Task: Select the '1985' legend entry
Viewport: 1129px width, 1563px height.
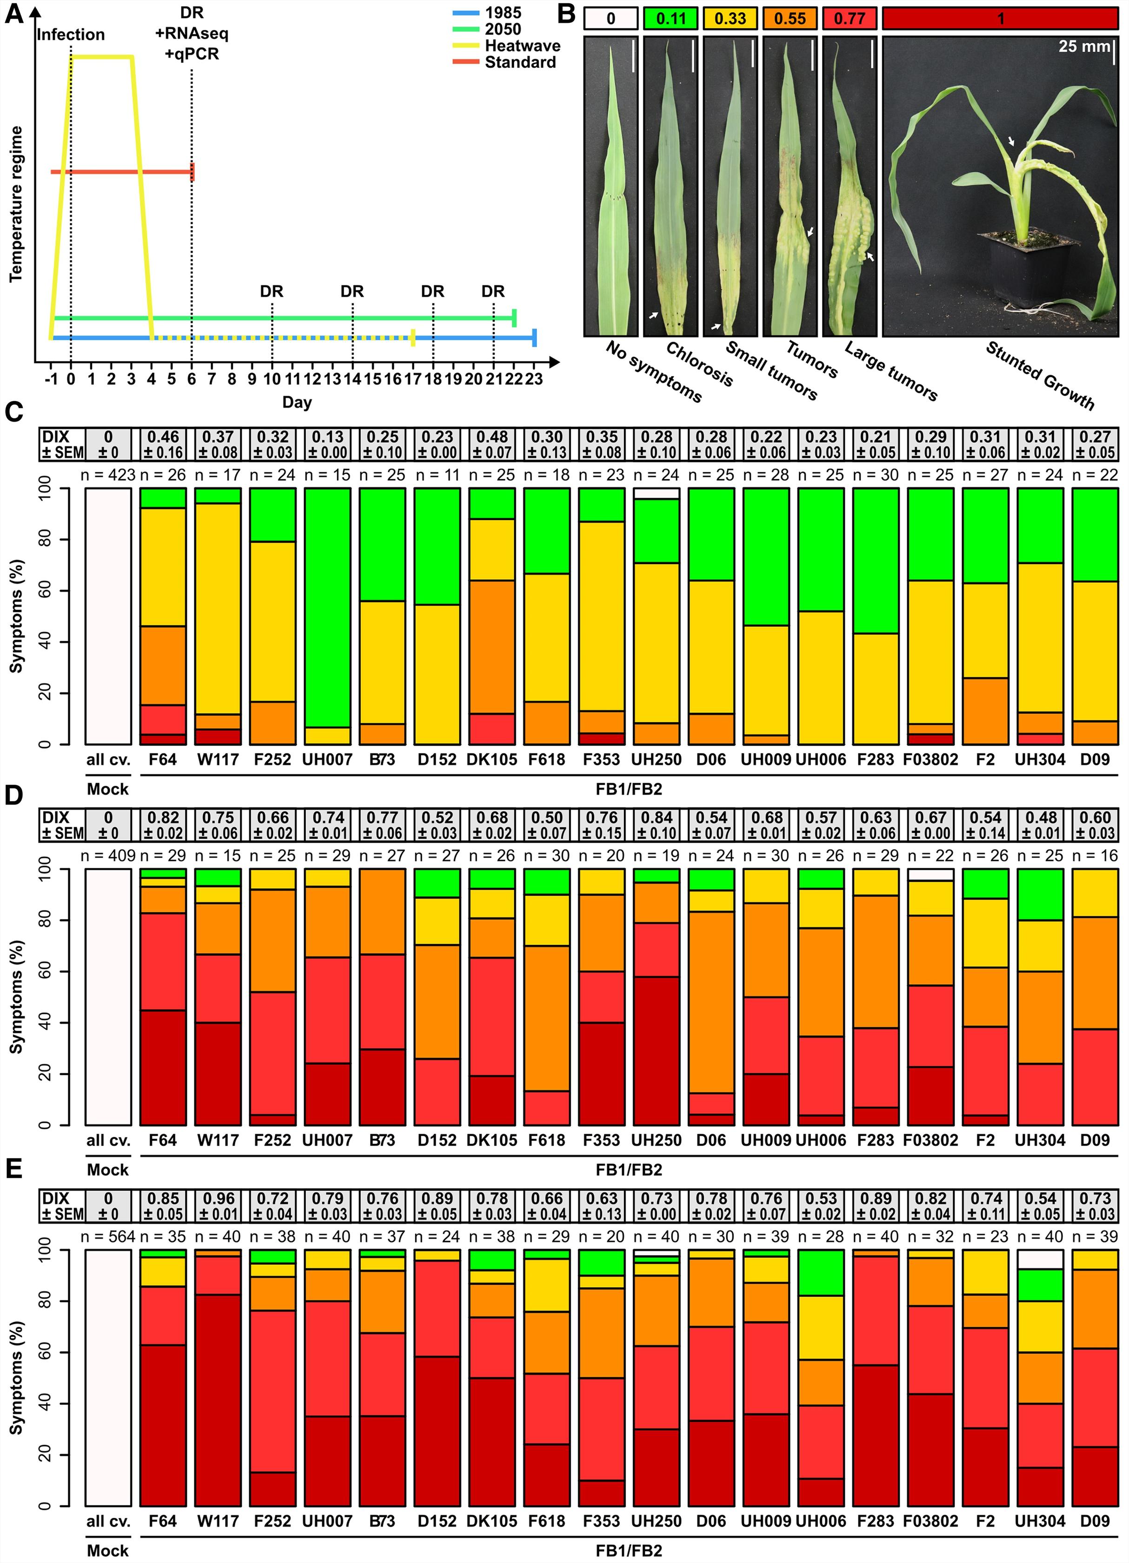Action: point(502,13)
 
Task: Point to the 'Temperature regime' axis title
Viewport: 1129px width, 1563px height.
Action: point(16,204)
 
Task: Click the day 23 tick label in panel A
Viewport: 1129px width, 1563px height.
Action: point(534,379)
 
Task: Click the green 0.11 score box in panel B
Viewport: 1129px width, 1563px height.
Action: point(671,19)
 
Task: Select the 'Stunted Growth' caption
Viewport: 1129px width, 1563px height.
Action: point(1040,376)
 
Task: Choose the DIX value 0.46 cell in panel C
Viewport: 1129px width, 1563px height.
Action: point(163,444)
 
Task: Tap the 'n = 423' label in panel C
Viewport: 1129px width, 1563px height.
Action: point(108,475)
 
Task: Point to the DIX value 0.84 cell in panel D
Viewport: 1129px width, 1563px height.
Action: point(657,825)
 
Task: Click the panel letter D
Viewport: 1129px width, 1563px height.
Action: point(14,796)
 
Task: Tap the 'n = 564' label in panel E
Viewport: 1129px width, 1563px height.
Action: point(108,1237)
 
